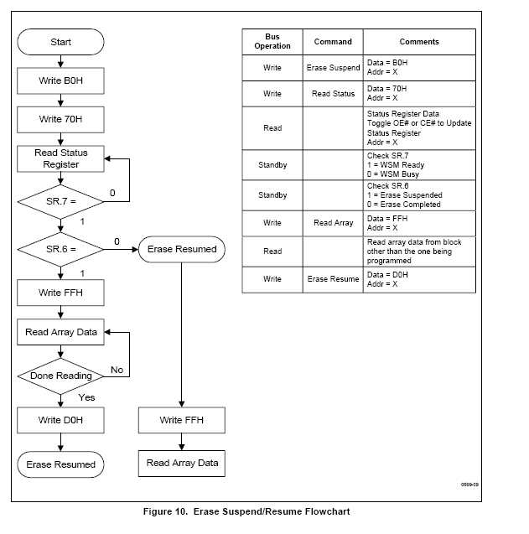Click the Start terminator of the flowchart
pos(60,42)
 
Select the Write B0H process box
pos(60,80)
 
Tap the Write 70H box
pos(60,120)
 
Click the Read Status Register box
pos(60,158)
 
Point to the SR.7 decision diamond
pos(60,201)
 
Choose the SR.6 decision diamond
pos(60,249)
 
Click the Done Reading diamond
pos(60,376)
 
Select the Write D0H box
pos(60,420)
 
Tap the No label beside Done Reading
pos(117,370)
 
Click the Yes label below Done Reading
pos(86,397)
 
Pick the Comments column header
pos(419,42)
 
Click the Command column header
pos(333,42)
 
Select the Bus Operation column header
pos(272,42)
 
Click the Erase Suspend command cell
pos(333,68)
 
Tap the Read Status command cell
pos(333,94)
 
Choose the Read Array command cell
pos(333,223)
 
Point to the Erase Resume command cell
pos(333,279)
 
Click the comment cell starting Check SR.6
pos(419,195)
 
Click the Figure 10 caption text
pos(246,511)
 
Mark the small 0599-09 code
pos(469,485)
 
